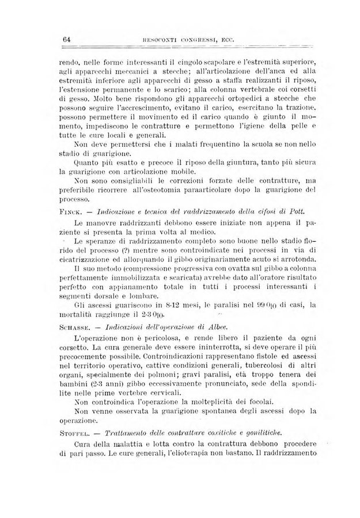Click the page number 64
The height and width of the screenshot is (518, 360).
pos(66,39)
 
